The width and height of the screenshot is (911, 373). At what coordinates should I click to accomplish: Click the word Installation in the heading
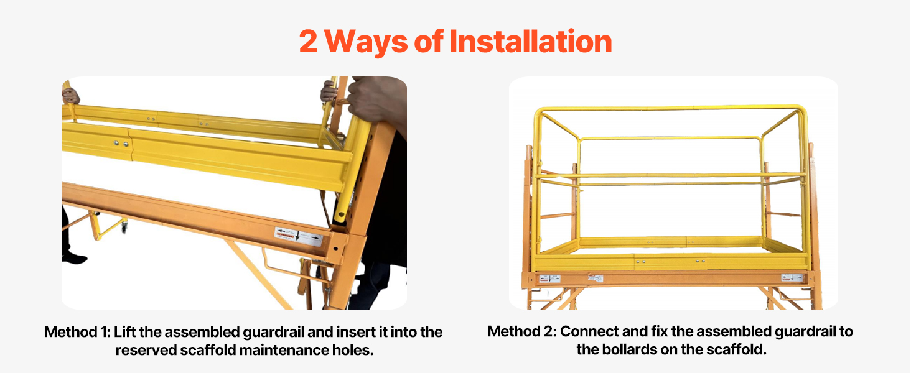click(x=530, y=42)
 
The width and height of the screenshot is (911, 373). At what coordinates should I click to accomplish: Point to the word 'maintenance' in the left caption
click(x=289, y=350)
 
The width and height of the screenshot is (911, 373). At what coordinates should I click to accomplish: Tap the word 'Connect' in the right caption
click(x=589, y=331)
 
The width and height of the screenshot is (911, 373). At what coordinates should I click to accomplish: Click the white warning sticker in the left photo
click(x=299, y=237)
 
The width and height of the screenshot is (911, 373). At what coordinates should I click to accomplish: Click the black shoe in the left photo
click(x=73, y=256)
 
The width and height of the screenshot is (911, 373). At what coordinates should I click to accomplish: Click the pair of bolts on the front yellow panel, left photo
click(x=121, y=144)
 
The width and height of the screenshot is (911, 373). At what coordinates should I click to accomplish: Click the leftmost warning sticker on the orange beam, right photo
click(x=549, y=279)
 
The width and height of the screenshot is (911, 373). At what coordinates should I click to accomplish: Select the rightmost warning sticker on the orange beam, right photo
click(x=792, y=278)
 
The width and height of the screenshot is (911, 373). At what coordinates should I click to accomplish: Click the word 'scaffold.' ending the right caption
click(x=740, y=349)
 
